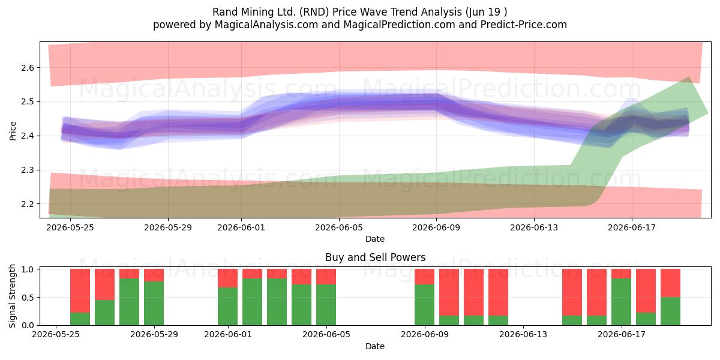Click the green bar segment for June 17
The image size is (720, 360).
pyautogui.click(x=621, y=302)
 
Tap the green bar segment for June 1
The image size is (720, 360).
pyautogui.click(x=227, y=307)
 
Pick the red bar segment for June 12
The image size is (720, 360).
pyautogui.click(x=498, y=292)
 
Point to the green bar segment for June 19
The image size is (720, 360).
pyautogui.click(x=670, y=311)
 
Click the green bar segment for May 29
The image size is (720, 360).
pyautogui.click(x=154, y=304)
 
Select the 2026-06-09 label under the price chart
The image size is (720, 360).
pyautogui.click(x=436, y=227)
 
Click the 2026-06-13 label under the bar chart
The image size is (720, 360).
pyautogui.click(x=523, y=334)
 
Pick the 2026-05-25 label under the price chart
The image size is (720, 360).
pyautogui.click(x=70, y=227)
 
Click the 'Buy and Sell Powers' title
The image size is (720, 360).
pyautogui.click(x=375, y=257)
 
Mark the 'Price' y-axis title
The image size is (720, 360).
pyautogui.click(x=13, y=131)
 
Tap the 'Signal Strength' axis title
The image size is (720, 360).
pyautogui.click(x=12, y=296)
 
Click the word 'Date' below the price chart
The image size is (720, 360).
pyautogui.click(x=375, y=239)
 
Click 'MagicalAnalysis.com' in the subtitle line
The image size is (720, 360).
pyautogui.click(x=266, y=25)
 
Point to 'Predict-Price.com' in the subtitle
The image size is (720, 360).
pyautogui.click(x=524, y=25)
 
